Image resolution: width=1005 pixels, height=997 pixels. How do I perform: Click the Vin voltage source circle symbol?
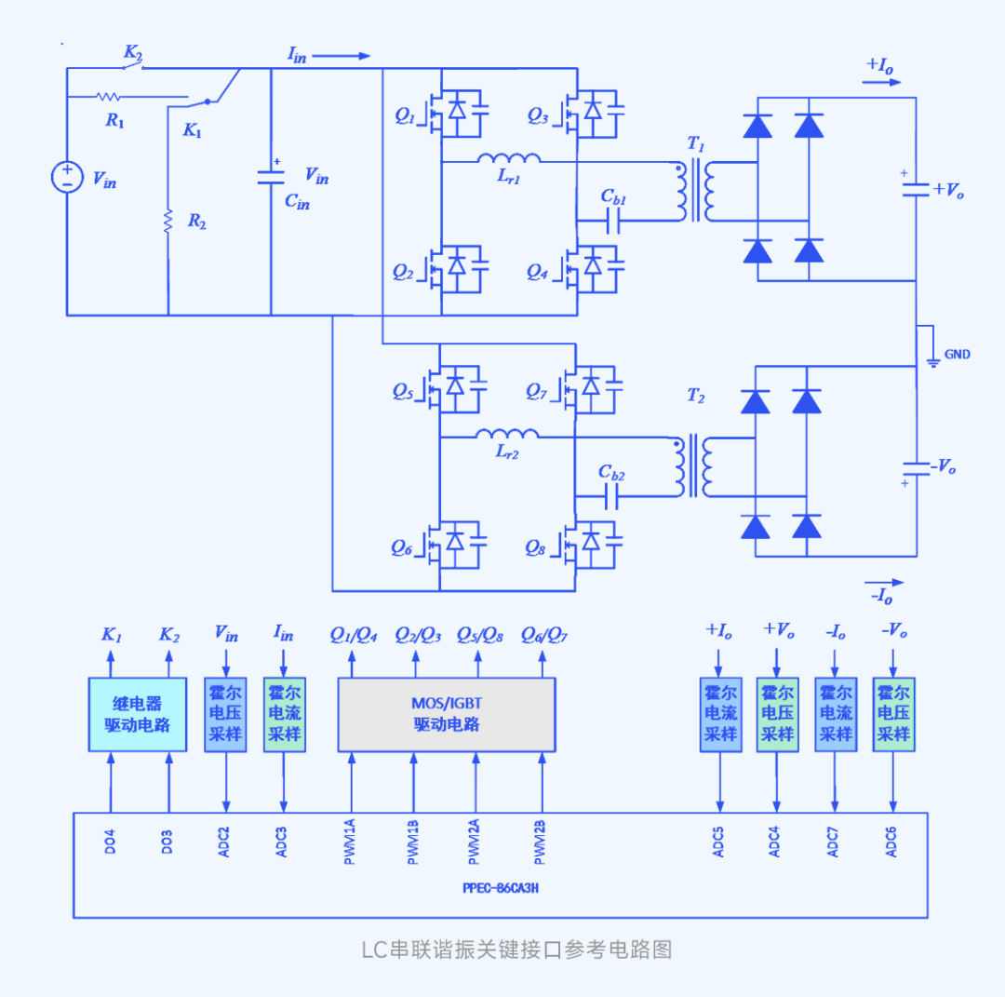pyautogui.click(x=67, y=177)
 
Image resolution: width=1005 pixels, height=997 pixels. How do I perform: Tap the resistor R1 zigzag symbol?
pyautogui.click(x=108, y=97)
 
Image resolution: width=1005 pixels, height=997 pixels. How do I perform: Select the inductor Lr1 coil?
pyautogui.click(x=509, y=157)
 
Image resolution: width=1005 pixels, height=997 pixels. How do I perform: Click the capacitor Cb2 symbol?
pyautogui.click(x=611, y=496)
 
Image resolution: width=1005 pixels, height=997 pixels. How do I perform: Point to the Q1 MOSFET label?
pyautogui.click(x=405, y=116)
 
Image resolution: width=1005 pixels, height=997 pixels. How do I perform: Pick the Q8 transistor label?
pyautogui.click(x=534, y=548)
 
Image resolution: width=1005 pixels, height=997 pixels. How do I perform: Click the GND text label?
pyautogui.click(x=957, y=354)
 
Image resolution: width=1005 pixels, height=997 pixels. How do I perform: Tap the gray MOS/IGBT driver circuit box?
pyautogui.click(x=446, y=714)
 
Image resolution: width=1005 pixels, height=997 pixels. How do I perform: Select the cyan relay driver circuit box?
pyautogui.click(x=137, y=714)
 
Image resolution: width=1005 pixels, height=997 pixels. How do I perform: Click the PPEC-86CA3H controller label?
pyautogui.click(x=501, y=888)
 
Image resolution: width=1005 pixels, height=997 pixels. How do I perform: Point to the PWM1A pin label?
pyautogui.click(x=349, y=842)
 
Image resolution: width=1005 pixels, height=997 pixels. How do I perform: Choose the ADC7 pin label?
pyautogui.click(x=833, y=842)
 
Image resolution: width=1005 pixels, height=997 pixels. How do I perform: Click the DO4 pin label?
pyautogui.click(x=110, y=842)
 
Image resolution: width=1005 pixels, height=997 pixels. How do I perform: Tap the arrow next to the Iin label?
pyautogui.click(x=341, y=56)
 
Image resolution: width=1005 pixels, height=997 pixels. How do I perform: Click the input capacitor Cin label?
pyautogui.click(x=297, y=202)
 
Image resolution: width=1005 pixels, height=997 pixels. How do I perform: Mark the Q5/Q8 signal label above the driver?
pyautogui.click(x=479, y=635)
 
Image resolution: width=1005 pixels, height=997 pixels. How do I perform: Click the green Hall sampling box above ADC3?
pyautogui.click(x=285, y=714)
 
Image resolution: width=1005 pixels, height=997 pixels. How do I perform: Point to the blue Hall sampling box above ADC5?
pyautogui.click(x=720, y=714)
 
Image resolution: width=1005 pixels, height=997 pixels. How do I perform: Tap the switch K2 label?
pyautogui.click(x=133, y=52)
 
